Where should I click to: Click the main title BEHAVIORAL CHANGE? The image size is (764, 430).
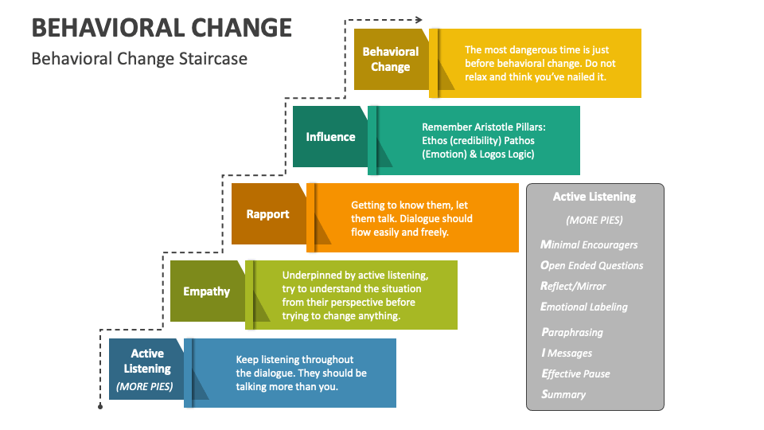162,28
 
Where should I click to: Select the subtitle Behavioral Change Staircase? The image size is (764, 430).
139,58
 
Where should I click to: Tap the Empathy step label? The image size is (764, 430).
207,291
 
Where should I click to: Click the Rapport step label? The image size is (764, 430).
267,214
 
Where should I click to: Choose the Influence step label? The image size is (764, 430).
330,137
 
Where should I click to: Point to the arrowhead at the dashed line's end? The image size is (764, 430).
419,20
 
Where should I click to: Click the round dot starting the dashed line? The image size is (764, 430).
100,407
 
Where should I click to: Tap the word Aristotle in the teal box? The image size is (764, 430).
496,127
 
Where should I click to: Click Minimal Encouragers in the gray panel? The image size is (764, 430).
589,244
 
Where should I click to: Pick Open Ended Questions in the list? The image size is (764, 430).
592,265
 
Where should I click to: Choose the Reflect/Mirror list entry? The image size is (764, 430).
573,286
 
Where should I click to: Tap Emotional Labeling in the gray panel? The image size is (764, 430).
584,307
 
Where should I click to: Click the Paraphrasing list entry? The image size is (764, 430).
572,333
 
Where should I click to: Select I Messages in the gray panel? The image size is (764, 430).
567,353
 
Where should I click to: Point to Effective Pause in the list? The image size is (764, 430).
575,374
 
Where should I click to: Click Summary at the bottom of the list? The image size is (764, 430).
563,394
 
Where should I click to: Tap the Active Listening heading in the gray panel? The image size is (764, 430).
594,197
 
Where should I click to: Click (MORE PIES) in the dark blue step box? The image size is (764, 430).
145,387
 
